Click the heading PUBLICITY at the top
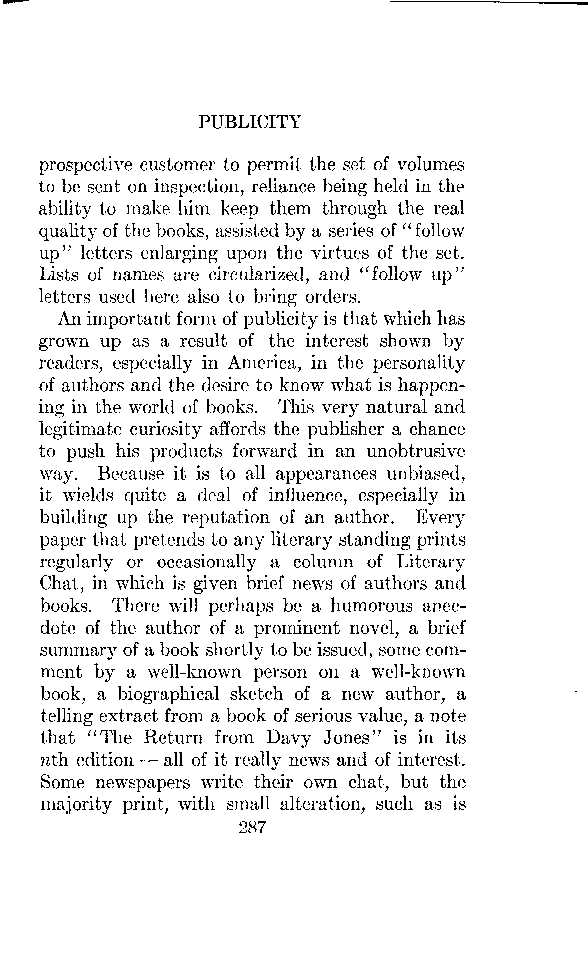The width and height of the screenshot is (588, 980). (250, 122)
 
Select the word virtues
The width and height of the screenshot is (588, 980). (339, 253)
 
